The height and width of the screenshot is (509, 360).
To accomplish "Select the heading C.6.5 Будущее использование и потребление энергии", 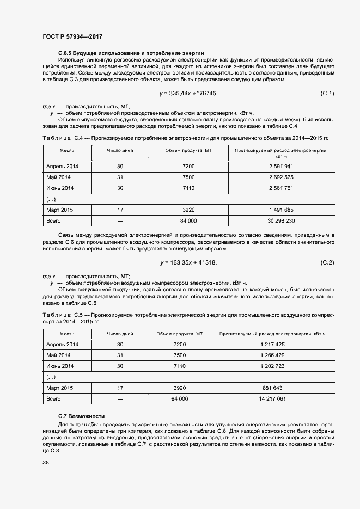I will (124, 53).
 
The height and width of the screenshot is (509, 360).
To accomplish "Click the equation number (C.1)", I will (327, 94).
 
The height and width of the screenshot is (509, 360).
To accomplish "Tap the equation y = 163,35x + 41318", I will (188, 263).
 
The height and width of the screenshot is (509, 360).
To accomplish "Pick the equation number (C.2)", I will (327, 263).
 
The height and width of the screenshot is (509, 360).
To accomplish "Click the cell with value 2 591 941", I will (281, 166).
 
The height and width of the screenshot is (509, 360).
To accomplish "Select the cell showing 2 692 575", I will (281, 177).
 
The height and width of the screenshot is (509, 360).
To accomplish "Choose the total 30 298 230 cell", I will (281, 221).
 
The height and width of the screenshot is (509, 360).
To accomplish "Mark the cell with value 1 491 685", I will (281, 210).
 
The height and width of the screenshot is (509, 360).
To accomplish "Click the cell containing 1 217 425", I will (273, 345).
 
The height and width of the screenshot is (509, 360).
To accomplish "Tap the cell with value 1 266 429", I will (273, 355).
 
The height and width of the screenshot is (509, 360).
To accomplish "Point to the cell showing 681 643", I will (273, 388).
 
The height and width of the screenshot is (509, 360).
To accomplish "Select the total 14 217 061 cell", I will (273, 399).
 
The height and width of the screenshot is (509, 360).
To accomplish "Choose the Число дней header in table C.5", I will (120, 333).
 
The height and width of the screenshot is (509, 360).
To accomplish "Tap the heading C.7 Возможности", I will (81, 416).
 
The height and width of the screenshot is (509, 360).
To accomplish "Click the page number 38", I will (46, 463).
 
